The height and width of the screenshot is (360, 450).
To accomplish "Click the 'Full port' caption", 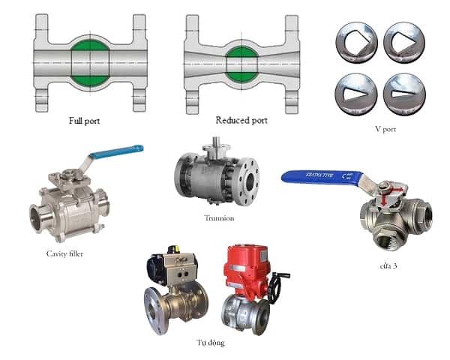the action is coord(84,121).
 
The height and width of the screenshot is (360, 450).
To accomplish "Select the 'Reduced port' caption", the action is coord(241,120).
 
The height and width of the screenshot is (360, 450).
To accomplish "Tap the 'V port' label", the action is coord(385,129).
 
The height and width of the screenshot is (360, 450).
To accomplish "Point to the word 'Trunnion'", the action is coord(219,218).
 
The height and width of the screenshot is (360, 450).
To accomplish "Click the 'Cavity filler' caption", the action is coord(64,253).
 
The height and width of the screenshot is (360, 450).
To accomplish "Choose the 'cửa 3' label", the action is coord(388,266).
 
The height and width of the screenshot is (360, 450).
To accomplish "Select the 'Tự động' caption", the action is coord(210,343).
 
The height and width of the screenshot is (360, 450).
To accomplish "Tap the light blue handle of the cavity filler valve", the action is coord(116,151).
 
